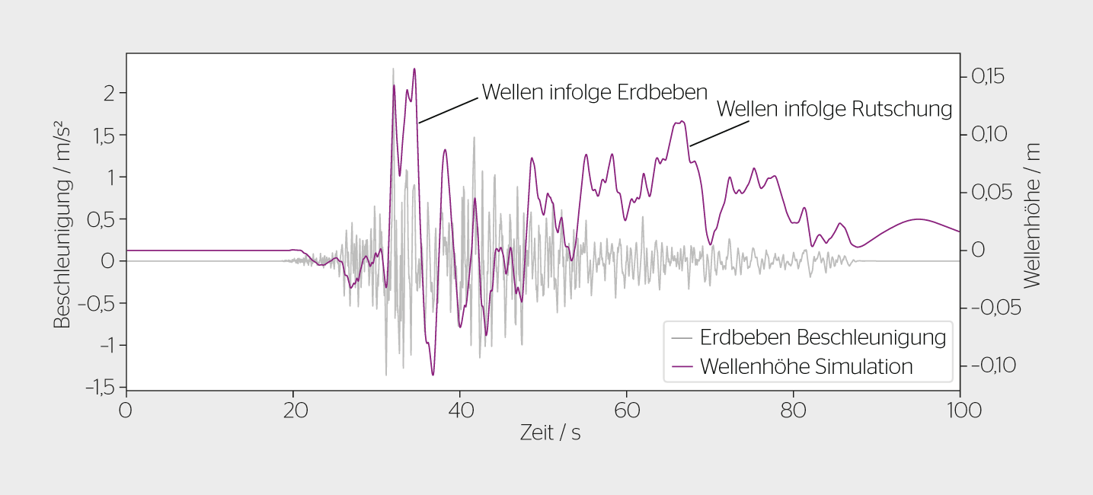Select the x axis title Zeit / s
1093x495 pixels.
[550, 433]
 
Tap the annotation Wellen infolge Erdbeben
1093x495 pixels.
[595, 92]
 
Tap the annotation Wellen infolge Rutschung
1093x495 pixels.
[834, 109]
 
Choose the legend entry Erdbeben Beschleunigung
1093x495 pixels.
[823, 337]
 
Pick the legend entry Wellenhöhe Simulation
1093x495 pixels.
[806, 366]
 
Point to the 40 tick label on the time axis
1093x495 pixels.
[459, 410]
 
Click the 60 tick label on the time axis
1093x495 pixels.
[626, 410]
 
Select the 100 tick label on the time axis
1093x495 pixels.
[959, 410]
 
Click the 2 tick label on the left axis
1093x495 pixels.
[109, 93]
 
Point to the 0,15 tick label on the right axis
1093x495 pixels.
[987, 76]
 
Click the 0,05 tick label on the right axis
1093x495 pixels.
[989, 192]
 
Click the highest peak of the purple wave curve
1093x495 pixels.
[414, 69]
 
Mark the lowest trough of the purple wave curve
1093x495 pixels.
[433, 375]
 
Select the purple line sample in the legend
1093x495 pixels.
[682, 366]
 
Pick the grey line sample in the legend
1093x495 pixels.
[682, 337]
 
